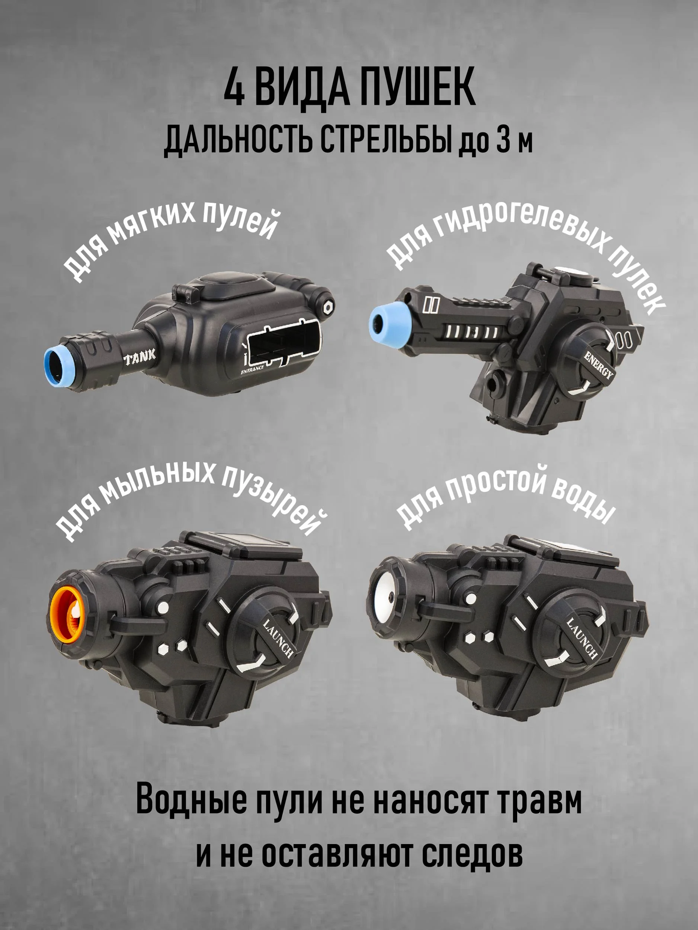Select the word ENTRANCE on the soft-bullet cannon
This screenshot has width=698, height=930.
point(252,369)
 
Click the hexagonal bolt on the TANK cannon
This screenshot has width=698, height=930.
point(327,306)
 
